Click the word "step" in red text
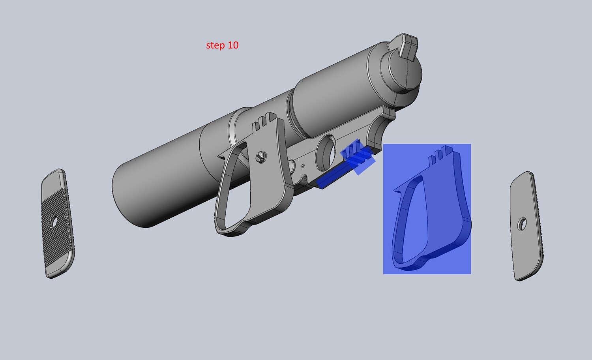coord(215,45)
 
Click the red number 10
coord(233,45)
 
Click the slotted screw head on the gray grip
coord(261,157)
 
